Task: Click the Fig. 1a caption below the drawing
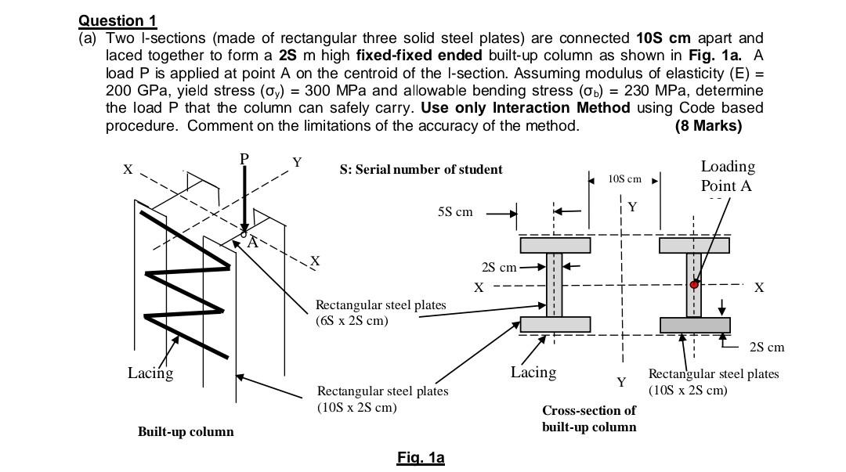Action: pos(421,458)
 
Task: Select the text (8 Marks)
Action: pos(707,125)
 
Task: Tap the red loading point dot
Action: pos(694,285)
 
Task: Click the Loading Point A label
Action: pos(727,176)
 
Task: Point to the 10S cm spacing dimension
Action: pos(624,179)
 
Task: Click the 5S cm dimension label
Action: pos(455,212)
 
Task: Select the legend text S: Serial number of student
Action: pos(421,169)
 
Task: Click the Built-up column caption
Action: pos(186,431)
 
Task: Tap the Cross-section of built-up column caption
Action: pos(588,418)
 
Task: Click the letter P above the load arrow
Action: pos(244,159)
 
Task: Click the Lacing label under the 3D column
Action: pos(150,373)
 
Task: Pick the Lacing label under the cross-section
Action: pos(533,373)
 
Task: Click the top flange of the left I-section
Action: pos(555,246)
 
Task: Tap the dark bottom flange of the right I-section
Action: pos(694,325)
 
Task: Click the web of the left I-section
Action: pos(555,285)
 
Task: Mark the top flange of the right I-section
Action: pos(694,246)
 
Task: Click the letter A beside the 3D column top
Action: pos(252,243)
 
